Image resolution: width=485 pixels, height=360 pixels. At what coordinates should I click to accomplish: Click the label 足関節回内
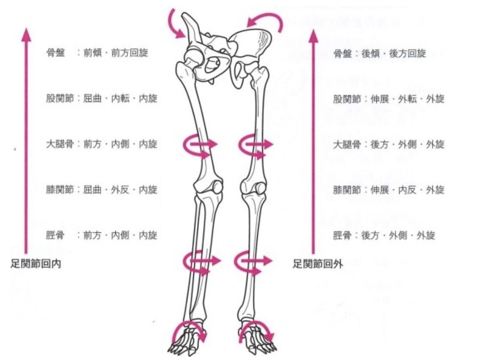point(36,264)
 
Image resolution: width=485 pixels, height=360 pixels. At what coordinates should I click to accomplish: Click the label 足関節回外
point(318,264)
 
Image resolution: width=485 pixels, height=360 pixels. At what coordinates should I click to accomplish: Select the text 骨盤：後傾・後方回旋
point(380,54)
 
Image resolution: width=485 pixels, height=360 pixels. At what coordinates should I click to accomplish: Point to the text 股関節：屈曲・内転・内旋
point(102,99)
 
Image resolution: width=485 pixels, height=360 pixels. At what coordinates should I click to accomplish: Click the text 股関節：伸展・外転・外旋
point(389,99)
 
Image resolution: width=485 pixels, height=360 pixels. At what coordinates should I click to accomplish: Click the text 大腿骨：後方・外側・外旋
point(389,144)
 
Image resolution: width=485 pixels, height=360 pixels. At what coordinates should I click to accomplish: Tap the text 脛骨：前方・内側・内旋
point(102,235)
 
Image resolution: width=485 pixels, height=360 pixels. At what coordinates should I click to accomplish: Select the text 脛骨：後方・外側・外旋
point(384,235)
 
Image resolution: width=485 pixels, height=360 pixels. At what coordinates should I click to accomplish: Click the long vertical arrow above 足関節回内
point(27,141)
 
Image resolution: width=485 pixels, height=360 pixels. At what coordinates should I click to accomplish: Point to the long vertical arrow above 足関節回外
point(313,141)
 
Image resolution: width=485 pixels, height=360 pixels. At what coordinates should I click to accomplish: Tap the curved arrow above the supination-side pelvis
point(268,21)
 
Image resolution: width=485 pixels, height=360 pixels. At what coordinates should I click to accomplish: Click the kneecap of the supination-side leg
point(259,187)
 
